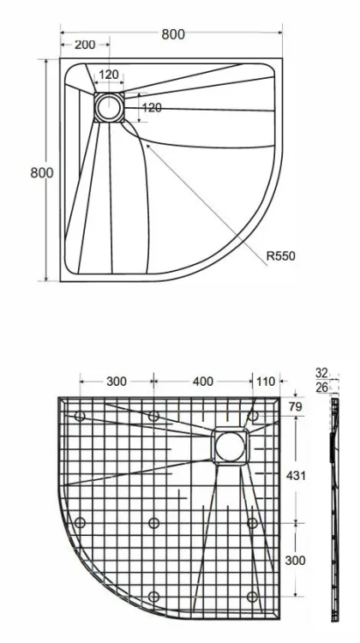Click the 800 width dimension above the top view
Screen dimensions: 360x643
173,34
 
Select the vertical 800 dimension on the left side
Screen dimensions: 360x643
42,172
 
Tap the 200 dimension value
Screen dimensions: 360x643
85,45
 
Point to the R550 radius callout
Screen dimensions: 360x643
280,256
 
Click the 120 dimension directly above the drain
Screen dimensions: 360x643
109,75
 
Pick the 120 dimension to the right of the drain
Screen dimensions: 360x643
152,108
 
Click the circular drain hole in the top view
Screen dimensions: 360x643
109,107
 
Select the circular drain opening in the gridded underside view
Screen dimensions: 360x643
230,447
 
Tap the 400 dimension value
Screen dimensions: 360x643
203,382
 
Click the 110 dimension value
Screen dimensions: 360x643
265,382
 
